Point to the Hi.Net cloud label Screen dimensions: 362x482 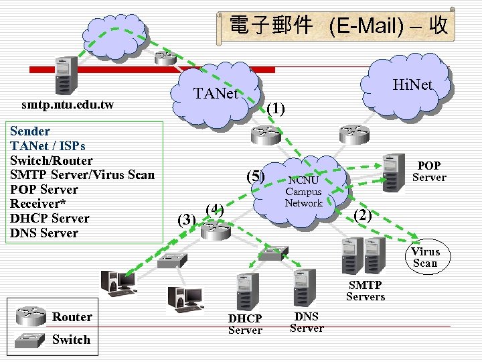412,84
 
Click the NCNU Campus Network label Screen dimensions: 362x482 304,192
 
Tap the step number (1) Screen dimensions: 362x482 275,108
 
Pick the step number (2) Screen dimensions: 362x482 362,215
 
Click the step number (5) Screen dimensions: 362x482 256,176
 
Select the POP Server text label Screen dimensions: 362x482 428,172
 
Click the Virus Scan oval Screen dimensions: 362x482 425,257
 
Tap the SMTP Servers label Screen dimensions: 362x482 366,291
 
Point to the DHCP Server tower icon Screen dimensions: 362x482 246,291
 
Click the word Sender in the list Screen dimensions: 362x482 30,131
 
